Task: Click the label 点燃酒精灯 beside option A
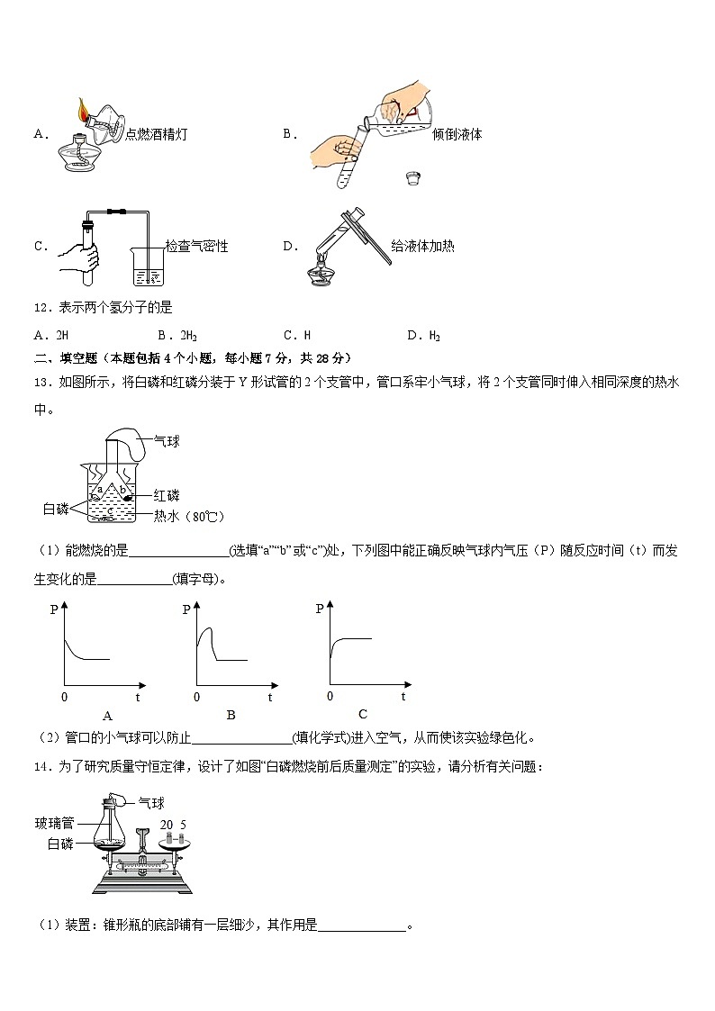(157, 134)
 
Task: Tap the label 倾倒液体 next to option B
(457, 134)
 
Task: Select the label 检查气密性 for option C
(196, 246)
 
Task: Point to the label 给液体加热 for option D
(422, 246)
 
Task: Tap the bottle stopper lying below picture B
(414, 177)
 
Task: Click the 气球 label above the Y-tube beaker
(167, 441)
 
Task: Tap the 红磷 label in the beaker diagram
(167, 495)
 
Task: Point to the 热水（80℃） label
(188, 516)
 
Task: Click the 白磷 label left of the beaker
(56, 510)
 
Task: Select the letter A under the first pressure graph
(108, 716)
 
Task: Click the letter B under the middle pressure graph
(231, 715)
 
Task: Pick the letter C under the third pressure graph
(362, 714)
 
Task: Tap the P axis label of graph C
(320, 609)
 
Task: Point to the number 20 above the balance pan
(167, 824)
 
